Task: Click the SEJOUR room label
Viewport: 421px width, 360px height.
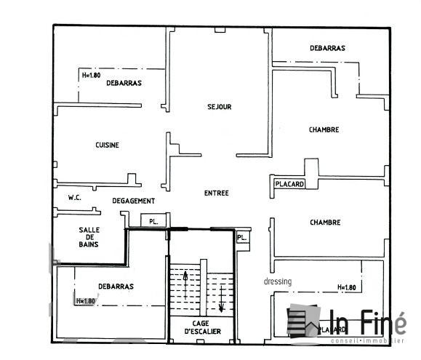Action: coord(219,107)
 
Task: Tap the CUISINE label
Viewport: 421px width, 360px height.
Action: coord(107,145)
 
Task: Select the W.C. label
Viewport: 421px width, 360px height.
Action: coord(74,197)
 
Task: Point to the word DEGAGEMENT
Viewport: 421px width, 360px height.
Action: coord(133,201)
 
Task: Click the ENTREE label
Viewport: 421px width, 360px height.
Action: coord(217,193)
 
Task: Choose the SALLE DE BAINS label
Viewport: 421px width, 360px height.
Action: coord(89,237)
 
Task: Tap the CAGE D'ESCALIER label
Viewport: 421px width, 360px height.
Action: coord(201,327)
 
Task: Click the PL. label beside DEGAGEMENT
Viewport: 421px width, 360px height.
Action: coord(153,220)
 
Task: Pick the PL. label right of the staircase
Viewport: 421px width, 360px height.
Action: coord(242,237)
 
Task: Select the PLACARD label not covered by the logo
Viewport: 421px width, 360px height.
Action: coord(289,184)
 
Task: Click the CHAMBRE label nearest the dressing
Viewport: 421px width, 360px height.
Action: coord(325,223)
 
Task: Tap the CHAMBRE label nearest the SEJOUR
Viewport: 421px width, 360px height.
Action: coord(324,129)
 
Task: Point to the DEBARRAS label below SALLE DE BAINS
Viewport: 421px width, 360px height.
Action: coord(116,286)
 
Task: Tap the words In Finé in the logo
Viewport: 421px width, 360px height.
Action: coord(369,321)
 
